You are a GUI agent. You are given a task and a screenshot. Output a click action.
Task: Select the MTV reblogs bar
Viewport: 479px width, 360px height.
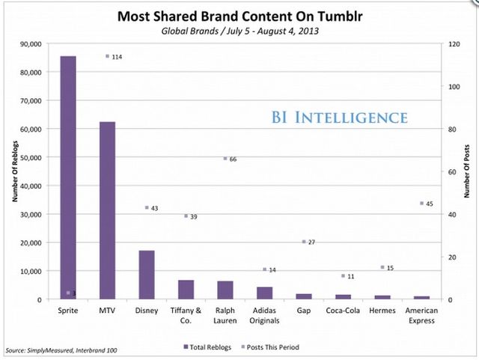(x=108, y=210)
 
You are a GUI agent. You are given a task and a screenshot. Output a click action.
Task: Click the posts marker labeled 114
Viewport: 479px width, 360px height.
(x=108, y=56)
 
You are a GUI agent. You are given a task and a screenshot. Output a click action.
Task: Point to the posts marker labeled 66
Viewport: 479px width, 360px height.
(x=225, y=159)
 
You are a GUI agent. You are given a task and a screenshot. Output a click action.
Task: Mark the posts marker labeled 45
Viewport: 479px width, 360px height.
(x=422, y=203)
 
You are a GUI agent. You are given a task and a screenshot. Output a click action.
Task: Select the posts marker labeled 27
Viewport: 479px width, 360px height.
(x=304, y=242)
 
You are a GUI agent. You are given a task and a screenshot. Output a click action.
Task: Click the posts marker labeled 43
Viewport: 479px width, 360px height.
(x=147, y=207)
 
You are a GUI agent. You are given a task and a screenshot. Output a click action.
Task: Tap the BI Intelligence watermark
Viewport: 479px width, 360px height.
(x=340, y=118)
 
